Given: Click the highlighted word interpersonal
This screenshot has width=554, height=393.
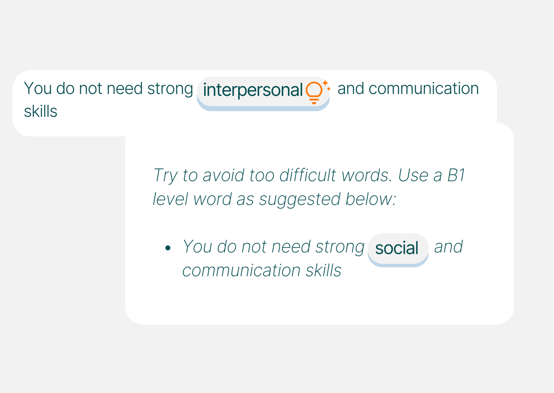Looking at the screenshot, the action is [253, 90].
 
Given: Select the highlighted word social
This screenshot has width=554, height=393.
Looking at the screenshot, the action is [397, 248].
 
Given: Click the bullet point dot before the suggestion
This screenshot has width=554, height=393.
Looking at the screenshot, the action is [168, 247].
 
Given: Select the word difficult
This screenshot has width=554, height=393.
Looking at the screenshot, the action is [307, 175].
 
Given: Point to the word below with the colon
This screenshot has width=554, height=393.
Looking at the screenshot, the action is [371, 199].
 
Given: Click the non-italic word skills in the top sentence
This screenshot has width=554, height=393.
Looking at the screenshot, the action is [41, 111].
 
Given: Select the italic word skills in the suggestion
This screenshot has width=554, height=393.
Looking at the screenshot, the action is [324, 270].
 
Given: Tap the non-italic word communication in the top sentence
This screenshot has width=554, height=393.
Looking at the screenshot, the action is [424, 89].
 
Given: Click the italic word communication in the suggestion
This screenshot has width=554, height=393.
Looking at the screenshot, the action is [241, 271].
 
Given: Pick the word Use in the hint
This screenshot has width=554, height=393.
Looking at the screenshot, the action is [413, 175].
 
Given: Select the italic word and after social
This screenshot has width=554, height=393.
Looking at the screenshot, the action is [448, 247].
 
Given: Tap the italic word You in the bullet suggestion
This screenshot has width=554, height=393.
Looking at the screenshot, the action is [197, 247].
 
